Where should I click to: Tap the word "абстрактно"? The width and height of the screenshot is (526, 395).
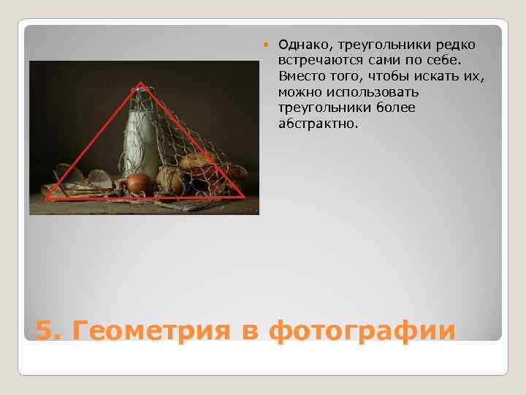tap(319, 124)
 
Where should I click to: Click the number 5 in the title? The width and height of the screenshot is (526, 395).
tap(45, 331)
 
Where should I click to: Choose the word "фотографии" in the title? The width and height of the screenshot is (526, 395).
tap(362, 331)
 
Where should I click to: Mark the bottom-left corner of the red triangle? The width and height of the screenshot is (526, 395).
tap(45, 198)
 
